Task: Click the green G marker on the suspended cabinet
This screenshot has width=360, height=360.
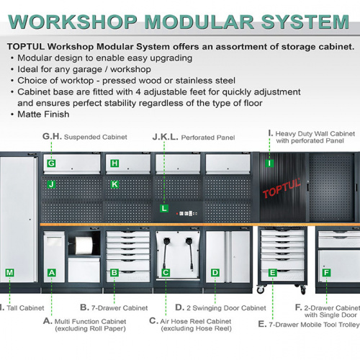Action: click(x=51, y=163)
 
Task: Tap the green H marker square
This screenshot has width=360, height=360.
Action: click(x=114, y=163)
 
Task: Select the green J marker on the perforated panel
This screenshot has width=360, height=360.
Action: click(x=51, y=184)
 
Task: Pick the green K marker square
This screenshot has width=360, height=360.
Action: click(x=114, y=184)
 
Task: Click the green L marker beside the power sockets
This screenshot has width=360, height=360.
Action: click(x=164, y=208)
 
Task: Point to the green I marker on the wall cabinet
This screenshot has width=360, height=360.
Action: click(x=269, y=163)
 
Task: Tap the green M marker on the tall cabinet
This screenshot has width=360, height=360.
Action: click(x=9, y=273)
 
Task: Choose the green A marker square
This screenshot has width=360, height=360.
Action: click(x=52, y=273)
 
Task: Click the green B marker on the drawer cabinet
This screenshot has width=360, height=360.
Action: click(x=114, y=273)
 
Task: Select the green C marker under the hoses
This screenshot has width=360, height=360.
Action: click(x=166, y=273)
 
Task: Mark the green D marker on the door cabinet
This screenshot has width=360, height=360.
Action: click(x=215, y=273)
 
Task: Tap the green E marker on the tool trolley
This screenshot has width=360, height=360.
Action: click(x=273, y=273)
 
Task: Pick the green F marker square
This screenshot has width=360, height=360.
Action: click(x=326, y=273)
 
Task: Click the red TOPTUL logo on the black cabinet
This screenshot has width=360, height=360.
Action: click(x=282, y=188)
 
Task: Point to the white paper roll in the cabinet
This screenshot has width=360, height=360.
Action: click(x=84, y=246)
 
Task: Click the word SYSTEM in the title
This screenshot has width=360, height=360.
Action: click(x=305, y=22)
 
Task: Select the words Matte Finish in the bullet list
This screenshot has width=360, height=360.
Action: click(x=43, y=114)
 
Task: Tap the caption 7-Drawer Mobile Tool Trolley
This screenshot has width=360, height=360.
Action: click(x=314, y=325)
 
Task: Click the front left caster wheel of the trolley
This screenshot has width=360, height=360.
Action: click(x=261, y=289)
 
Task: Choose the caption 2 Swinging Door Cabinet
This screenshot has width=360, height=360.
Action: click(x=226, y=308)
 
